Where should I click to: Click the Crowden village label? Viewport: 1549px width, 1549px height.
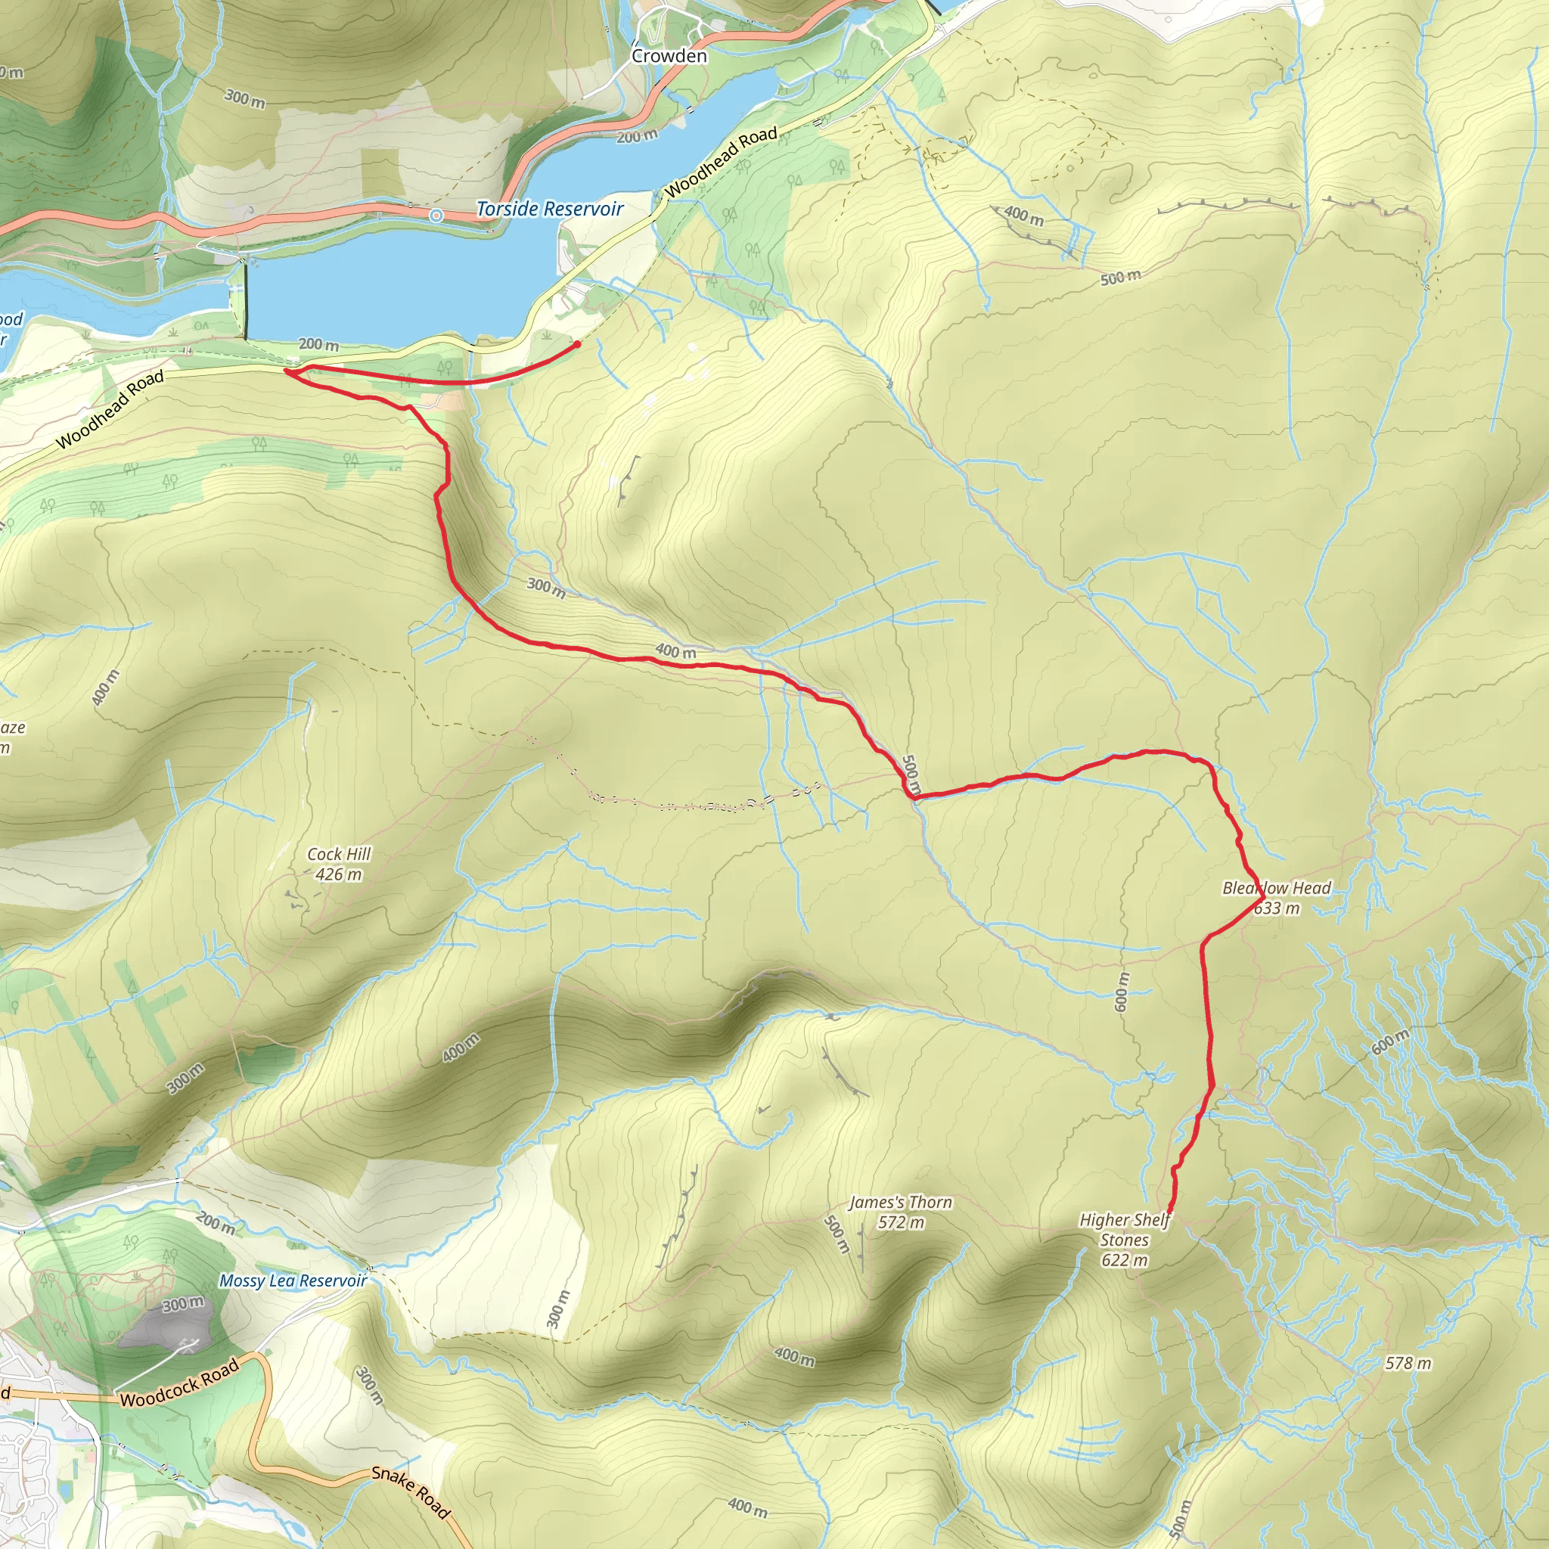669,56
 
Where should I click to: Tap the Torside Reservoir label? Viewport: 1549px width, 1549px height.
549,210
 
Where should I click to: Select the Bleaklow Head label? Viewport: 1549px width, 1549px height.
1276,889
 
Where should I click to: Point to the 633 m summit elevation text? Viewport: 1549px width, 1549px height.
1277,908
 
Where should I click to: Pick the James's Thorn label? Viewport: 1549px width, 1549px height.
900,1203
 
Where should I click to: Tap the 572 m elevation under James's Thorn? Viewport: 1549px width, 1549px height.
900,1223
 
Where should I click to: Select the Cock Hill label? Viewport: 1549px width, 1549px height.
338,855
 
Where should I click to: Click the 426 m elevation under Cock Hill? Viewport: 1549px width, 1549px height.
338,875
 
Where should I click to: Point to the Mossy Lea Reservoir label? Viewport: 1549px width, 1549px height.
293,1280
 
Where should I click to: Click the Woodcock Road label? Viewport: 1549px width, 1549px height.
179,1384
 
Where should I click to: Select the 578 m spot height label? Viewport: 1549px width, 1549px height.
1408,1364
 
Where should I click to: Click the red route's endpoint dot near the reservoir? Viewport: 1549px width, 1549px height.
576,345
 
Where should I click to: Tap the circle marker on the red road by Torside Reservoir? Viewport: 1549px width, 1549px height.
436,216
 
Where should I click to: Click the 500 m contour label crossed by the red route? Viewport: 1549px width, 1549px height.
911,774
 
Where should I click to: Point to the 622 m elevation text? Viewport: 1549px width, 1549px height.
1124,1260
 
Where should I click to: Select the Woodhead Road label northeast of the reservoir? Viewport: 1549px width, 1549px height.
721,163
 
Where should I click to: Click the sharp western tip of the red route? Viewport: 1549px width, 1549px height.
286,371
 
